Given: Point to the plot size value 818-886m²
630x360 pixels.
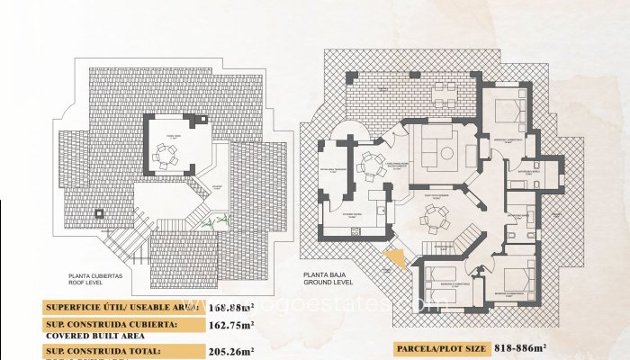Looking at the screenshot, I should (x=520, y=348).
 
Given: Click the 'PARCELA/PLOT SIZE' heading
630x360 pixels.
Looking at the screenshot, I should (x=440, y=348).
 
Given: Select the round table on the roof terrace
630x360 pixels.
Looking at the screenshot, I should (x=166, y=158).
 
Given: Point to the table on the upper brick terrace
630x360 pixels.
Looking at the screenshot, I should (x=445, y=92).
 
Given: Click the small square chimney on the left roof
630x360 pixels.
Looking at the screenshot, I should (x=97, y=213).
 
